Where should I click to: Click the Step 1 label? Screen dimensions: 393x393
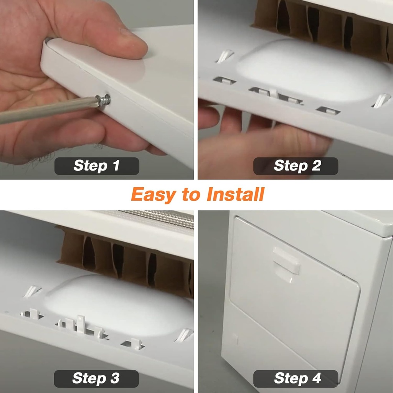coord(96,166)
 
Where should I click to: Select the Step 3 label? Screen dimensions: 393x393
coord(96,378)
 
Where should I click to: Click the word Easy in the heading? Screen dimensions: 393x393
coord(153,195)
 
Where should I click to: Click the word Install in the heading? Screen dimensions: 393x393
coord(235,195)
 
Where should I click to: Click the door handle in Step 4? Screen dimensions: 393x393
coord(286,261)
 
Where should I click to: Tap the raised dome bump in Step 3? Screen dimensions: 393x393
coord(119,303)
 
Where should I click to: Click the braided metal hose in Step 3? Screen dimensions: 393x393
coord(154,216)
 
